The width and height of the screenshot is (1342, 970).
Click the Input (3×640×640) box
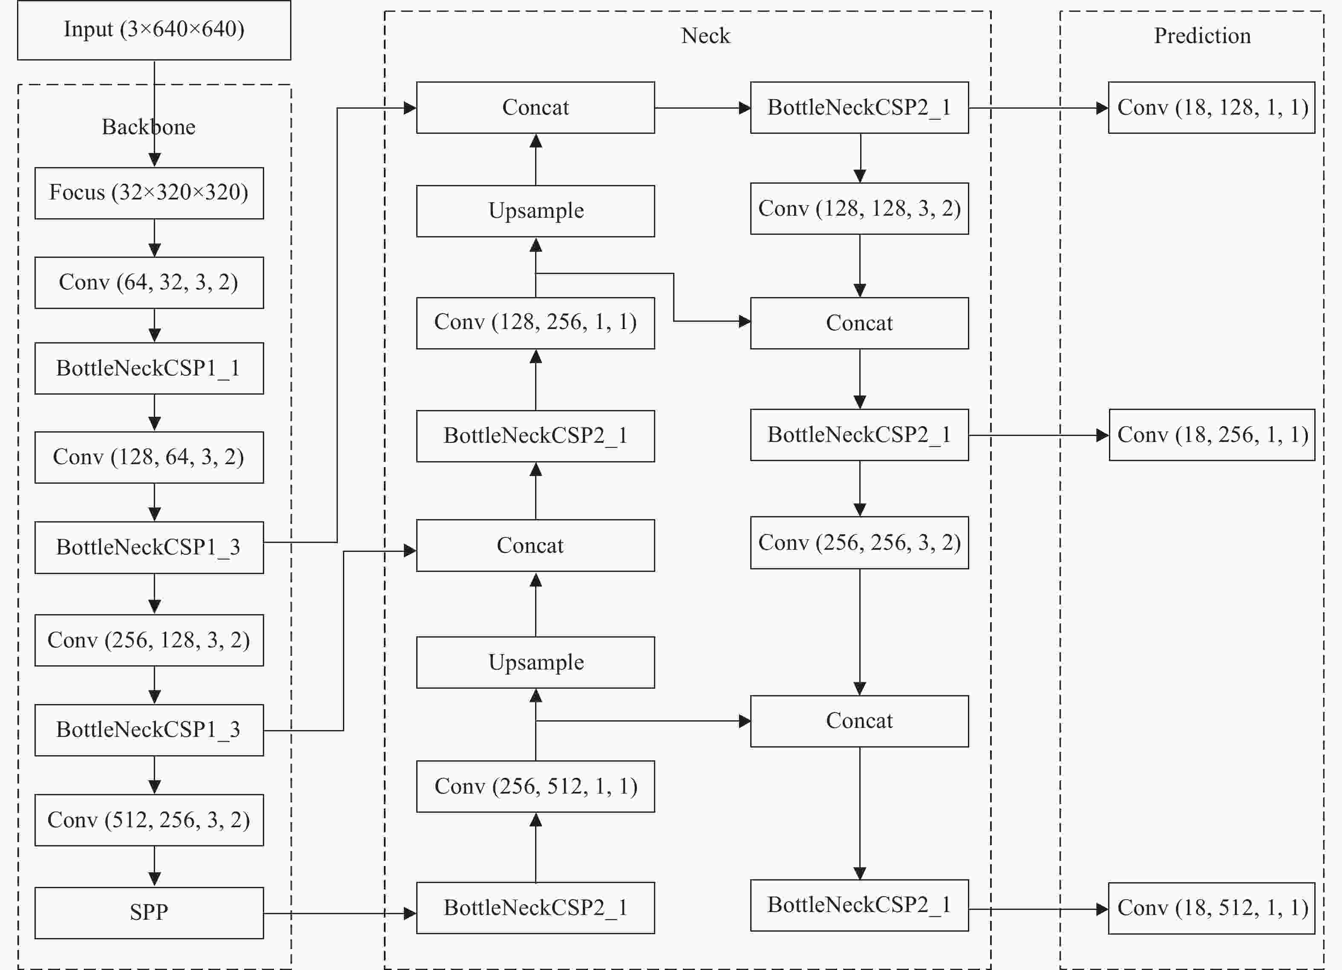point(154,29)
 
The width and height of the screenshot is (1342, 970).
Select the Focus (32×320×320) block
point(149,193)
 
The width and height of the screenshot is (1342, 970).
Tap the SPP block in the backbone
point(149,912)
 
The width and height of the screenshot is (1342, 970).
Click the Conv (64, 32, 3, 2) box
point(149,282)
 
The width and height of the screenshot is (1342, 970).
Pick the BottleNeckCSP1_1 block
point(149,368)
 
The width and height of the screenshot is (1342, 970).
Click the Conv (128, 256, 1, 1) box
point(536,323)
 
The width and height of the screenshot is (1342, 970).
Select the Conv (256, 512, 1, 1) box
point(536,787)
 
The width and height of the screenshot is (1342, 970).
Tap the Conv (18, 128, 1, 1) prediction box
point(1212,108)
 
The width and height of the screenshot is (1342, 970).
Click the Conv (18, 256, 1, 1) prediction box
point(1212,435)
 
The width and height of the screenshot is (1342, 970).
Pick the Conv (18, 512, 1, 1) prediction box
point(1212,909)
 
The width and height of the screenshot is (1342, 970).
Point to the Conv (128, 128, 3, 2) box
point(860,208)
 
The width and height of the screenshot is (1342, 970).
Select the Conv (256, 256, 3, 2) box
point(860,543)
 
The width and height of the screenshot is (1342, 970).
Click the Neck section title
point(706,35)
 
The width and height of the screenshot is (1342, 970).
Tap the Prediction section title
point(1202,35)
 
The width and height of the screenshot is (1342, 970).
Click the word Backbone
point(149,127)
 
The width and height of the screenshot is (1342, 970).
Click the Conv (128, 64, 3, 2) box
point(149,457)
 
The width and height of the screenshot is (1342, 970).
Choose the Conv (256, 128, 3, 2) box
point(149,641)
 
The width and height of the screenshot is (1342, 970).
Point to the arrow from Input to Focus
point(154,114)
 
